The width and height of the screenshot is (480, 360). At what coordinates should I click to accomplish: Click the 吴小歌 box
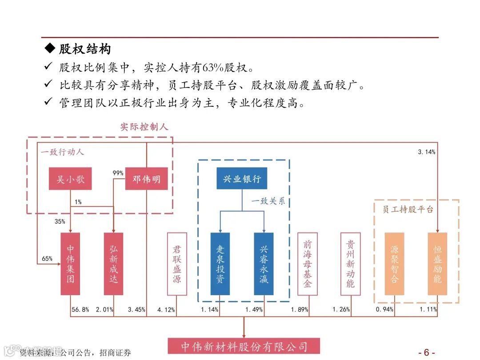[x=70, y=180]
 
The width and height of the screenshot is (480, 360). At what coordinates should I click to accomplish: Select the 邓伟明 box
[x=146, y=180]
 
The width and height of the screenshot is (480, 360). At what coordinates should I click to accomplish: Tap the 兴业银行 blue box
[x=242, y=179]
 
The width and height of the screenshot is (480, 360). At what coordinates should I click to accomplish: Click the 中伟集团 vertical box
[x=70, y=264]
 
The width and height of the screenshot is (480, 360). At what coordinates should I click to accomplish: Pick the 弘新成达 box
[x=113, y=264]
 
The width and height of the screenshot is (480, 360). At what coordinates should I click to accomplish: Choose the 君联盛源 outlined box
[x=177, y=264]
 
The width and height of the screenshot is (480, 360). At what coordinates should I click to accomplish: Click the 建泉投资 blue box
[x=220, y=264]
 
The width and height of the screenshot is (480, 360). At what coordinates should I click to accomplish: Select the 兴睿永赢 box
[x=264, y=264]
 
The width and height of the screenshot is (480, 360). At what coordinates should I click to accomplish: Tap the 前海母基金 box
[x=307, y=264]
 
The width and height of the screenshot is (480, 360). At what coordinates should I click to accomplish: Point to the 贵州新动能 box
[x=350, y=264]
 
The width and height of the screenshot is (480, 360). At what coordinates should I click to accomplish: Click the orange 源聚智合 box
[x=394, y=264]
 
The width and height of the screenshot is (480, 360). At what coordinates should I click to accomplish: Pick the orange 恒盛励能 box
[x=437, y=264]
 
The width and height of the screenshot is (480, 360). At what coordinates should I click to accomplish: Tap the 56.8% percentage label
[x=80, y=310]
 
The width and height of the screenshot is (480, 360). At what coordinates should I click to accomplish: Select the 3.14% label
[x=426, y=152]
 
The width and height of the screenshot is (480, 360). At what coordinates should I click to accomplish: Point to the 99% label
[x=118, y=173]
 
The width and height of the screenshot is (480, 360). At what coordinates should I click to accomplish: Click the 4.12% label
[x=166, y=310]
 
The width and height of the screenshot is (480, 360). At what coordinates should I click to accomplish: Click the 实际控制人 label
[x=144, y=127]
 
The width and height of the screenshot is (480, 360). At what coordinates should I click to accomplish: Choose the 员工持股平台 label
[x=408, y=209]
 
